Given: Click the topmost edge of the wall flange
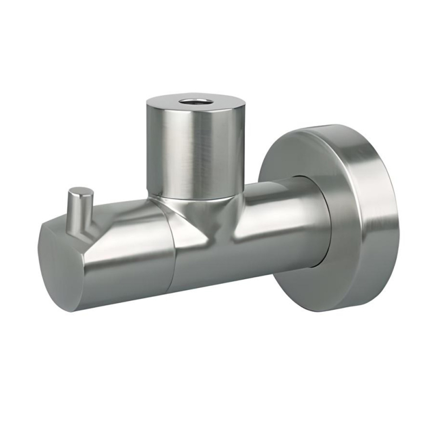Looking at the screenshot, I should coord(330,126).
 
